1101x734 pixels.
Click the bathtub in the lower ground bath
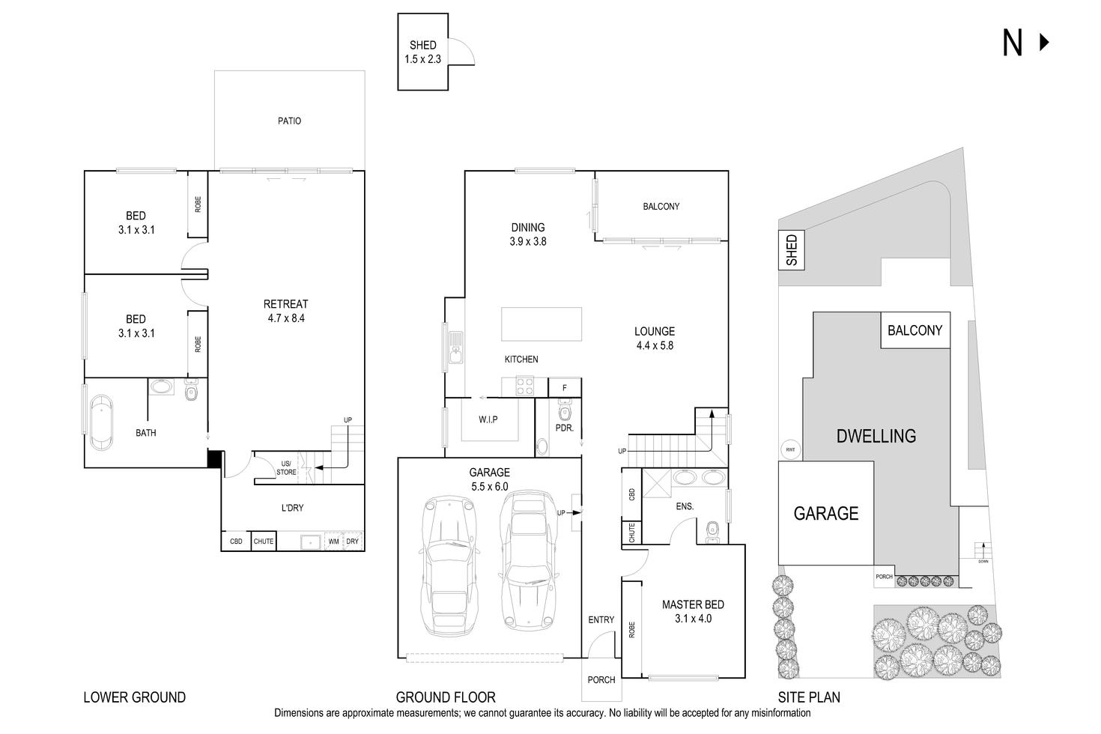tap(101, 424)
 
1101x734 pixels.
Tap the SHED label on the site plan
tap(792, 250)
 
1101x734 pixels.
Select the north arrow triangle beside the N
tap(1044, 43)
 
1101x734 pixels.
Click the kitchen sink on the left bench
tap(455, 348)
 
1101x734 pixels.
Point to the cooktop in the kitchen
tap(523, 386)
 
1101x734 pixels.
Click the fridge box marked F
tap(565, 388)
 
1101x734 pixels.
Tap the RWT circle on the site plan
tap(789, 449)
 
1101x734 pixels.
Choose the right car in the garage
tap(530, 558)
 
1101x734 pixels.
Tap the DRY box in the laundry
tap(353, 541)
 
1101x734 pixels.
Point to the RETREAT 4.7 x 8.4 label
tap(285, 311)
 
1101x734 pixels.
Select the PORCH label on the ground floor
tap(601, 680)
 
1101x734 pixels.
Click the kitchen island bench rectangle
tap(542, 323)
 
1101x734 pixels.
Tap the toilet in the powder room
tap(565, 411)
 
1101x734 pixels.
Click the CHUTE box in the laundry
tap(264, 541)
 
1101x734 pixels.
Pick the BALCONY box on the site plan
tap(915, 330)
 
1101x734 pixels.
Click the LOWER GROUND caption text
tap(134, 697)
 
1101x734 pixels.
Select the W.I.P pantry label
tap(488, 419)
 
